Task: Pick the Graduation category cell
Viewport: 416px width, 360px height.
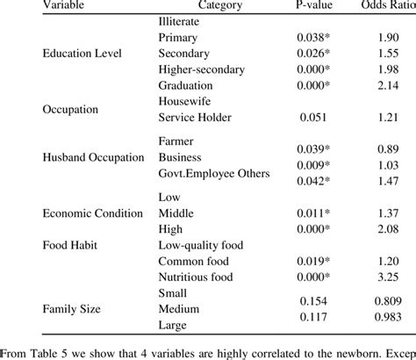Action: coord(186,86)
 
